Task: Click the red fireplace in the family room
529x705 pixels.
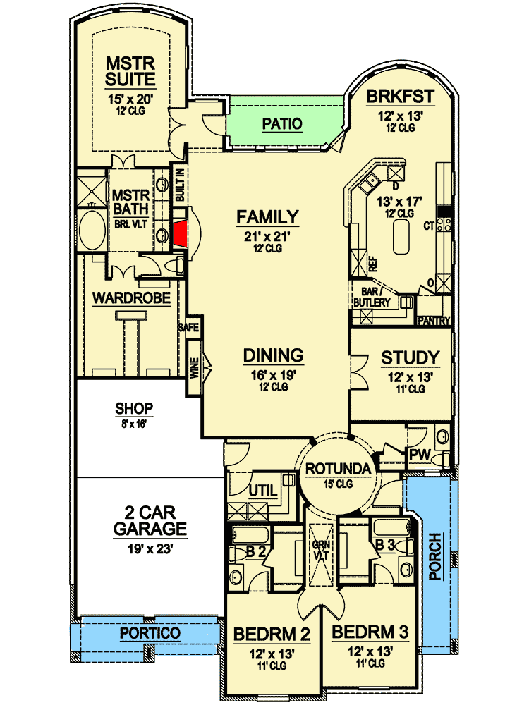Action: [181, 234]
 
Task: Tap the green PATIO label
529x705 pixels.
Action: [282, 124]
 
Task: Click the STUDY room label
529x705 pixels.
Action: [410, 358]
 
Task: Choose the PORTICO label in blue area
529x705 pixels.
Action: [150, 633]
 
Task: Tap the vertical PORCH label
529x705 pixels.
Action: [435, 557]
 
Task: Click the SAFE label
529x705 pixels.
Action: [189, 328]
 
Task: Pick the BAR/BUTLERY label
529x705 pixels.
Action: [371, 296]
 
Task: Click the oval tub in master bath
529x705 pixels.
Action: [90, 231]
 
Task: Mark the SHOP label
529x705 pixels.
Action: [134, 410]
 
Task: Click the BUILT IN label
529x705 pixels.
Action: [180, 185]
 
